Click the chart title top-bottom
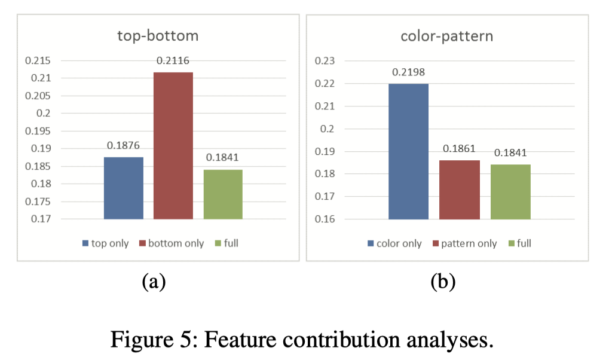[158, 36]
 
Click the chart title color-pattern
[447, 36]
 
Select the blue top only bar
[124, 188]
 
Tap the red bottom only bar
[173, 146]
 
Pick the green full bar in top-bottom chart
[223, 194]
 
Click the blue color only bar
[408, 151]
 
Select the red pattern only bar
[460, 190]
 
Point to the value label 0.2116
[173, 60]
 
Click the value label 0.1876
[123, 145]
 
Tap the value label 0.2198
[408, 72]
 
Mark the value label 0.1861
[459, 148]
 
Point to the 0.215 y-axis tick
[38, 60]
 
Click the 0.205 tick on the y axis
[38, 96]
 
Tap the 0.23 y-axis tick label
[325, 60]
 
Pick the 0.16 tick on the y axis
[325, 219]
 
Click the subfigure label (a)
[154, 281]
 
